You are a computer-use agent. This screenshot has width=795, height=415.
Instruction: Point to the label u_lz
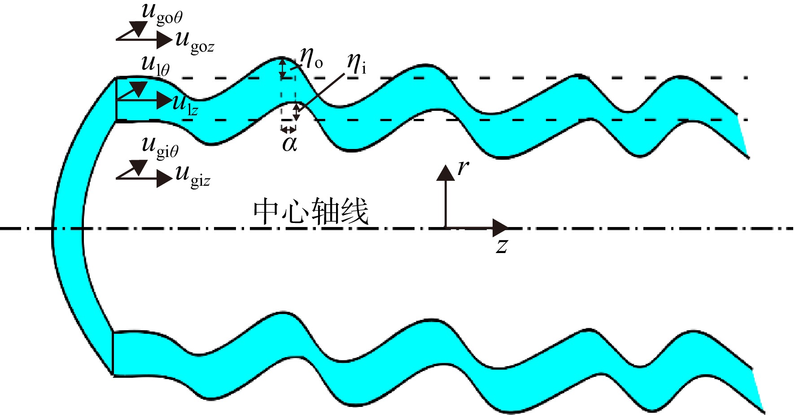185,105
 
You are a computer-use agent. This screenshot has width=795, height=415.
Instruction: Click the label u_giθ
160,147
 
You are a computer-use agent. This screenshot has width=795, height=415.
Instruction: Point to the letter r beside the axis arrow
463,168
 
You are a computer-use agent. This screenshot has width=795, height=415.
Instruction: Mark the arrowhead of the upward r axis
446,173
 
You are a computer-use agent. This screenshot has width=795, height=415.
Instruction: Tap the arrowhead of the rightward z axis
500,228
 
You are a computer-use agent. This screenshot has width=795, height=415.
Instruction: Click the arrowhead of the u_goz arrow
165,40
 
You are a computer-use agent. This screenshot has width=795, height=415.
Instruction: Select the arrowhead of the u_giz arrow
165,179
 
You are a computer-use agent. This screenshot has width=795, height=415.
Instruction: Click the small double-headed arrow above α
288,130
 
